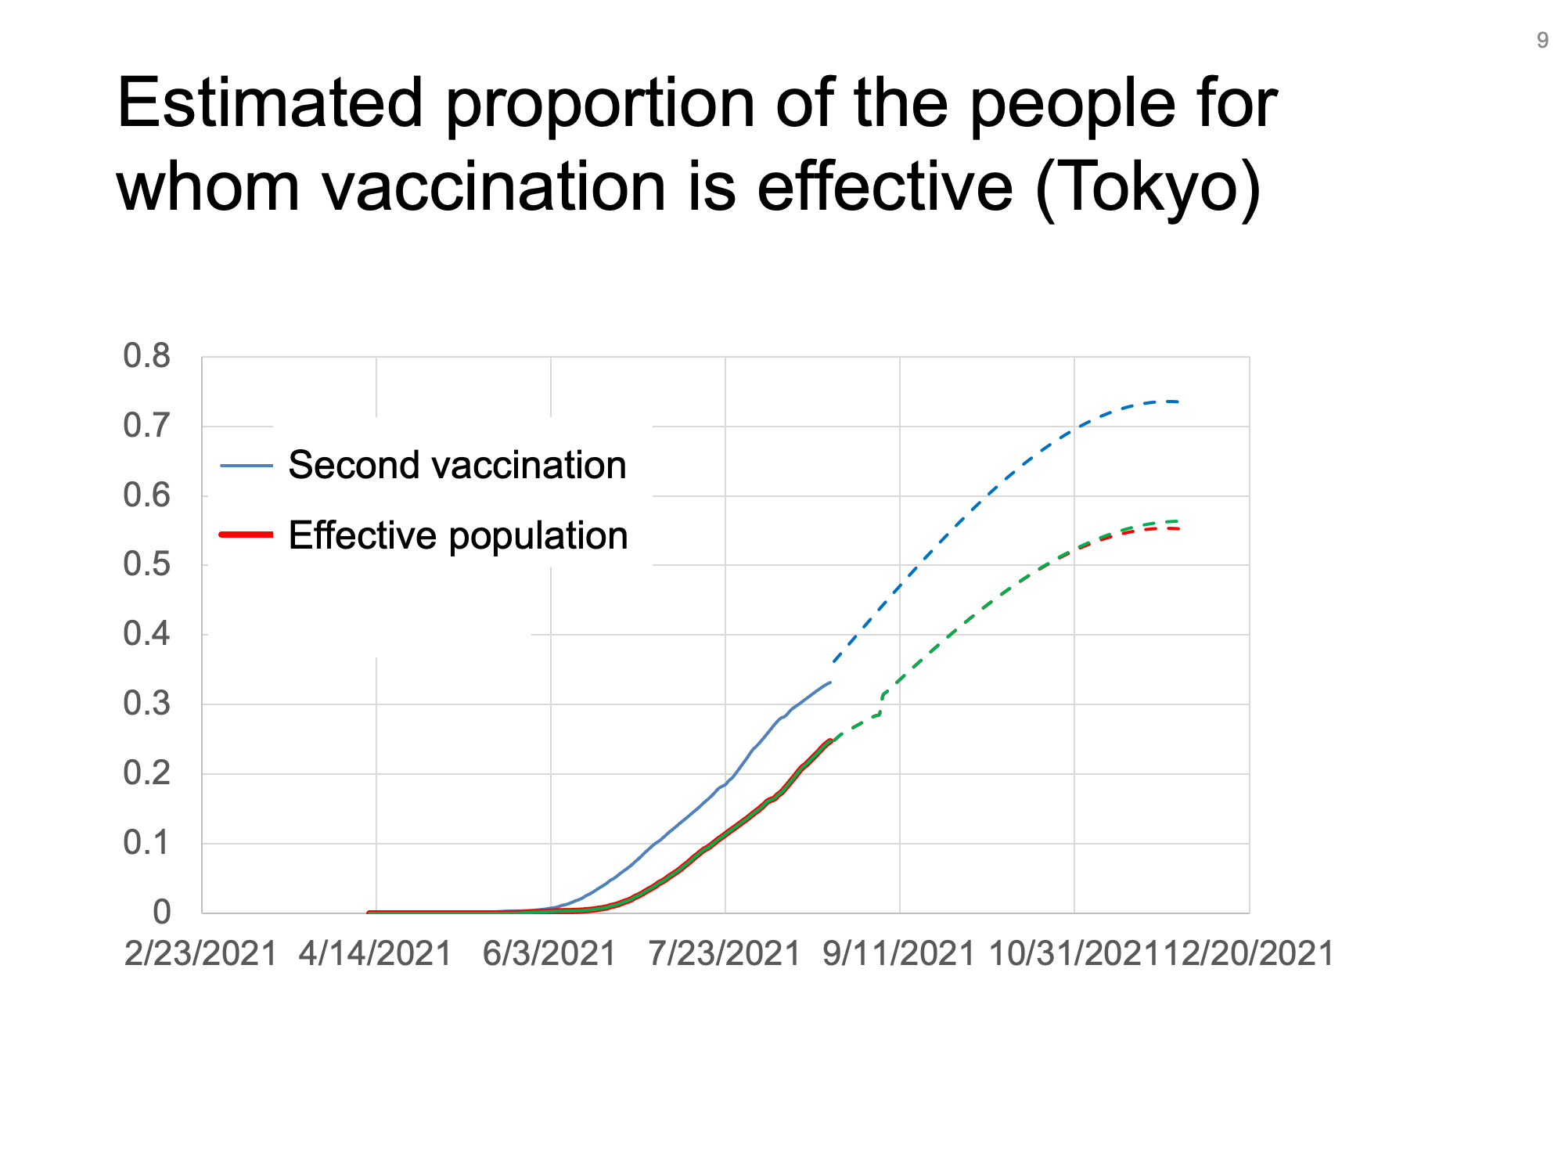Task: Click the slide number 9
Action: pyautogui.click(x=1542, y=41)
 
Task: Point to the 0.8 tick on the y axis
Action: pyautogui.click(x=146, y=356)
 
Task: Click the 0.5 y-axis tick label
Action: pyautogui.click(x=146, y=564)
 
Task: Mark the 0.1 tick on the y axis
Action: pyautogui.click(x=146, y=843)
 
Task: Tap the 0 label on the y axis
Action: pyautogui.click(x=162, y=912)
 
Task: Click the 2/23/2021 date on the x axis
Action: pyautogui.click(x=201, y=953)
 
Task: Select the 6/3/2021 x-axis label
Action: pyautogui.click(x=550, y=953)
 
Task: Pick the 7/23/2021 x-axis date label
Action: pyautogui.click(x=725, y=953)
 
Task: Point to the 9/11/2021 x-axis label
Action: pyautogui.click(x=899, y=953)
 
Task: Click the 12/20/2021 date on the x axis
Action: pyautogui.click(x=1249, y=953)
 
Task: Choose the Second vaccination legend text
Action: pyautogui.click(x=458, y=465)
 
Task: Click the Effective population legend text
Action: pyautogui.click(x=459, y=536)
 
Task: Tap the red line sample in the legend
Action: pyautogui.click(x=246, y=535)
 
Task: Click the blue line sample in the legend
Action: pyautogui.click(x=246, y=466)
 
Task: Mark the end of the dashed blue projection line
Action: pyautogui.click(x=1178, y=402)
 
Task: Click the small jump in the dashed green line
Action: pyautogui.click(x=881, y=704)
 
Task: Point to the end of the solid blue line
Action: pyautogui.click(x=830, y=682)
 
